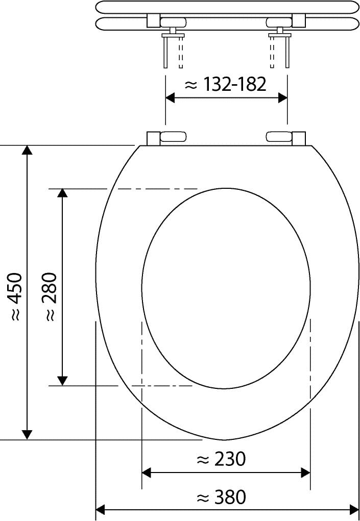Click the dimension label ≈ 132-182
click(226, 85)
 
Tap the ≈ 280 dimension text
click(50, 296)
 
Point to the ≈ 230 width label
click(221, 460)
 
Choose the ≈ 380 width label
click(221, 498)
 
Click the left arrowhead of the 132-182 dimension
click(170, 98)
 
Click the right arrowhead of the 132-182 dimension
click(283, 98)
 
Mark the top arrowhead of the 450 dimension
click(27, 150)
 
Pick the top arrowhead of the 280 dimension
click(62, 193)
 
